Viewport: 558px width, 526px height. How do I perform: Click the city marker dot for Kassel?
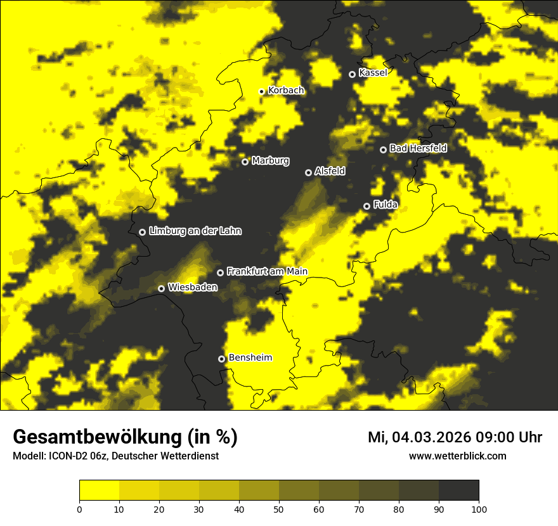(x=352, y=74)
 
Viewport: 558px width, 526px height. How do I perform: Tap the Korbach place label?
(x=286, y=91)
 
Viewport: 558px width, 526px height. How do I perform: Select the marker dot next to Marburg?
(x=245, y=162)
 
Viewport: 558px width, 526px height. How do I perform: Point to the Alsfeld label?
(x=330, y=171)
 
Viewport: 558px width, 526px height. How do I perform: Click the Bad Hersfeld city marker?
(x=383, y=150)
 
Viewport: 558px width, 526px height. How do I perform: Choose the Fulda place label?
(x=386, y=205)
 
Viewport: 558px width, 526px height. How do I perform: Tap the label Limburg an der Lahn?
(x=195, y=231)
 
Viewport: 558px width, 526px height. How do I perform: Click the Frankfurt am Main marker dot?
(x=220, y=273)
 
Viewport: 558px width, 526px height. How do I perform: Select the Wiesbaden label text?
(x=193, y=288)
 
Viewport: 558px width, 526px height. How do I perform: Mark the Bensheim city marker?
(x=221, y=359)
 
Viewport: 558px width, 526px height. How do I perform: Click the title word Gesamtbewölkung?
(x=98, y=437)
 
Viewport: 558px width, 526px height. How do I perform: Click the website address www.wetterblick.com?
(x=457, y=456)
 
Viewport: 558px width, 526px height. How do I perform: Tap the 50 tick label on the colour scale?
(x=279, y=509)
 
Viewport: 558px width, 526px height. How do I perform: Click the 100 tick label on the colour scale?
(x=479, y=509)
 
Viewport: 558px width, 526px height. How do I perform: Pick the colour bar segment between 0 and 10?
(x=99, y=491)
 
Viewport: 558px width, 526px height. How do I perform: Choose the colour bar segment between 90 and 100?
(x=458, y=491)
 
